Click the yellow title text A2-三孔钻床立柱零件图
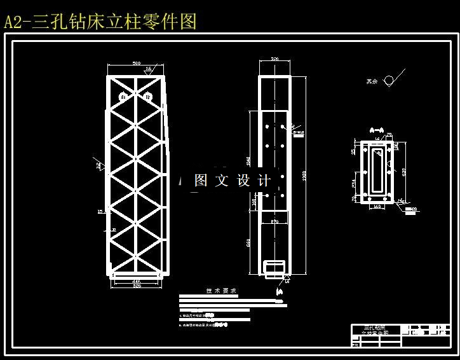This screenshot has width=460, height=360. point(100,22)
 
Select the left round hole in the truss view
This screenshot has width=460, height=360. point(123,97)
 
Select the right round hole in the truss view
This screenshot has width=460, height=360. point(148,97)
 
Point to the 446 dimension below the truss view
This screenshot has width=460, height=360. point(136,280)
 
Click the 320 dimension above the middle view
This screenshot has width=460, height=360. point(274,59)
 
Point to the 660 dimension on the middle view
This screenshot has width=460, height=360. point(249,242)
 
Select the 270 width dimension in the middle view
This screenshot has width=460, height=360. point(274,221)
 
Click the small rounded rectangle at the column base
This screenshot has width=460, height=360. point(274,265)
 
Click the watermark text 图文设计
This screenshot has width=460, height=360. point(232,181)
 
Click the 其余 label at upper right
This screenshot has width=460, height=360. point(371,81)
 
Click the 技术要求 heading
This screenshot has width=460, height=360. point(221,291)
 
